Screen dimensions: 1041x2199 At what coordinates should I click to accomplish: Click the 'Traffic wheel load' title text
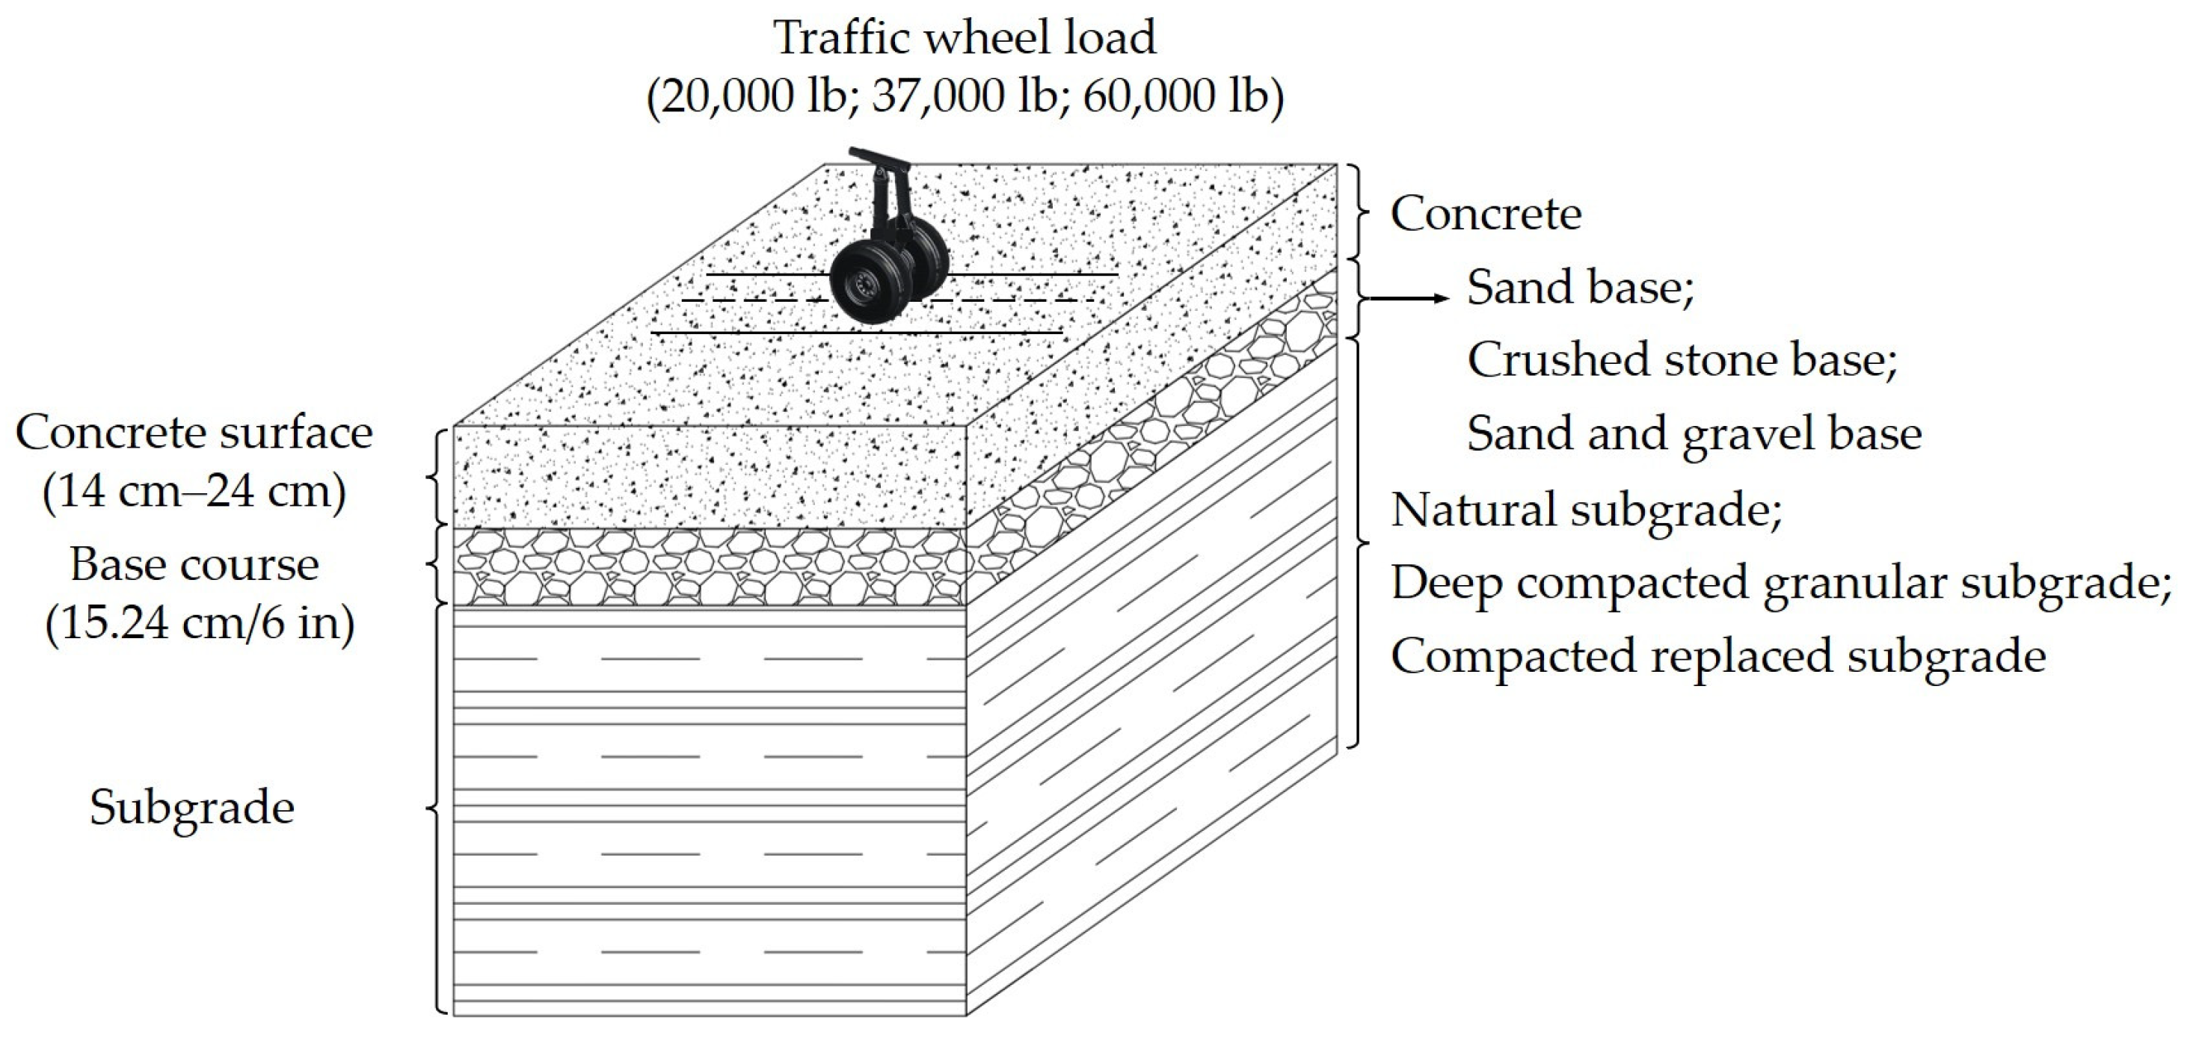964,38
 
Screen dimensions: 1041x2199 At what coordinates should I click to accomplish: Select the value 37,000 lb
964,96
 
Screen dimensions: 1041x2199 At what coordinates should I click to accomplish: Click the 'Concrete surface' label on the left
194,433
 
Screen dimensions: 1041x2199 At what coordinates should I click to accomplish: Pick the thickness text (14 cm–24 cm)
194,492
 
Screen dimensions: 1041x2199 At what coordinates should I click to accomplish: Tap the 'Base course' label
194,565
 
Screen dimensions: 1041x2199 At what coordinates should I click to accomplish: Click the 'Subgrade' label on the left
192,807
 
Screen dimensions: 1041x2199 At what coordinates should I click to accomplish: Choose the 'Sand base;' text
1580,288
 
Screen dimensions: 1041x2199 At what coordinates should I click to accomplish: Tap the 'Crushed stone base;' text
1682,360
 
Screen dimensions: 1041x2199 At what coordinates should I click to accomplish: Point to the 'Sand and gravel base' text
1694,433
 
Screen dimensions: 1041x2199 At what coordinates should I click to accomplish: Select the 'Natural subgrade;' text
1587,510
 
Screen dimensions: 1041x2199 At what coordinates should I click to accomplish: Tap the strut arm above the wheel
879,183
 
